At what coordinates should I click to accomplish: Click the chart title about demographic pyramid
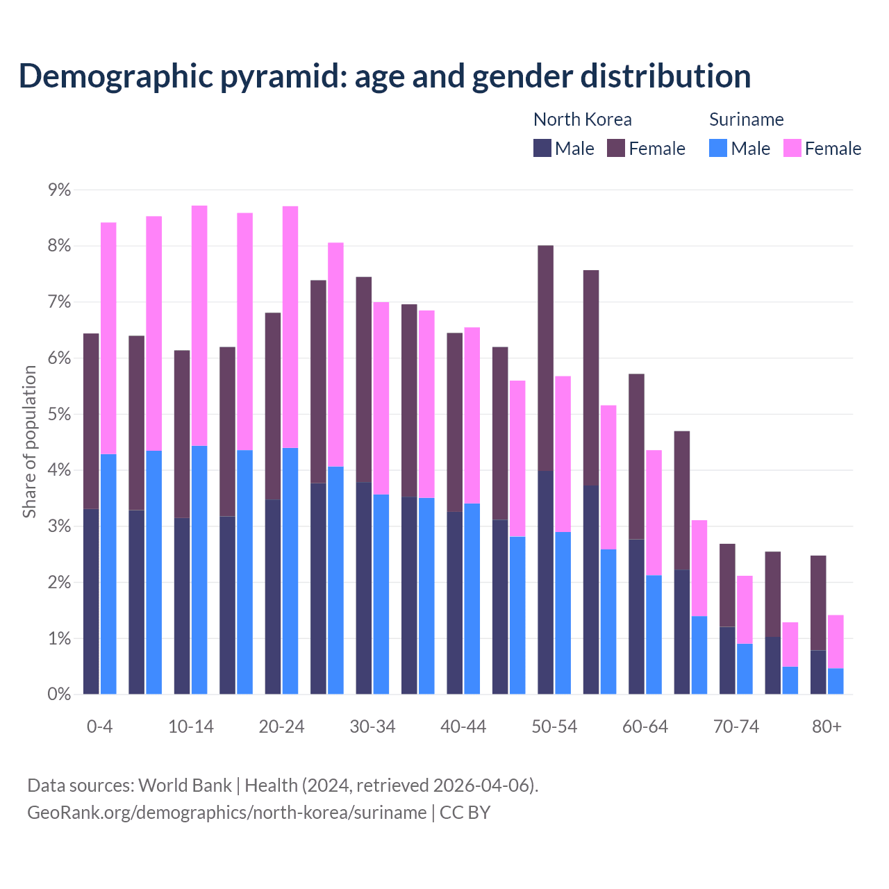tap(385, 76)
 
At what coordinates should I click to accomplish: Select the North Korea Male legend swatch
tap(542, 148)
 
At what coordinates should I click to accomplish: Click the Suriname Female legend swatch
tap(792, 148)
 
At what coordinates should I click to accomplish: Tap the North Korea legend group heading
tap(582, 119)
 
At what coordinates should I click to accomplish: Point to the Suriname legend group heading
tap(746, 119)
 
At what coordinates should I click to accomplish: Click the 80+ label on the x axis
tap(826, 726)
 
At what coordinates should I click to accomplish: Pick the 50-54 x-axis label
tap(554, 726)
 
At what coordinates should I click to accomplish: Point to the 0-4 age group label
tap(99, 726)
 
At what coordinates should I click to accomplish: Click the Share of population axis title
tap(30, 442)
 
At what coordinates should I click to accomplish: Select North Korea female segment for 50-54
tap(546, 358)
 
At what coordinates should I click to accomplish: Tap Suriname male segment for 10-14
tap(199, 570)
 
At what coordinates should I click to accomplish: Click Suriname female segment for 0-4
tap(108, 338)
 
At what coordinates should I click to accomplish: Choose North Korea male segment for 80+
tap(818, 672)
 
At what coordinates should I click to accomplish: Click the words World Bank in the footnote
tap(185, 786)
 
